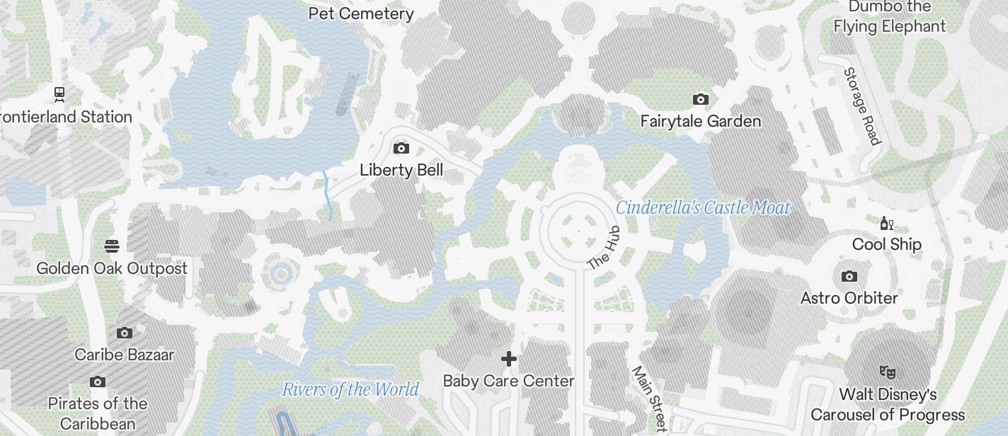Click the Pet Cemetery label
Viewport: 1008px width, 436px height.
click(361, 13)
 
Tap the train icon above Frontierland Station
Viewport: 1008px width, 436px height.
click(59, 93)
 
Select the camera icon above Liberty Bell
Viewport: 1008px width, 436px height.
click(401, 148)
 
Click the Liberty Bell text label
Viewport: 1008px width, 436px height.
click(401, 170)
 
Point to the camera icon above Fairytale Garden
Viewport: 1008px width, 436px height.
click(701, 99)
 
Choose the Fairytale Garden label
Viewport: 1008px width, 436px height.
click(701, 121)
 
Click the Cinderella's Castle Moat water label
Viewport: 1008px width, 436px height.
click(703, 207)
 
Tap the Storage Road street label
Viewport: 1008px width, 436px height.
click(862, 106)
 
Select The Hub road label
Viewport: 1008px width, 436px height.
click(604, 248)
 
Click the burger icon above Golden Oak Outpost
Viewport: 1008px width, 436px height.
click(112, 246)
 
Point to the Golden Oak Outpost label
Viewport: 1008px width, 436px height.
click(112, 268)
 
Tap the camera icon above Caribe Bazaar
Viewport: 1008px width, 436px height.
click(125, 333)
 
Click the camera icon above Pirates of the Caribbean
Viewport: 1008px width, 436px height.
click(98, 382)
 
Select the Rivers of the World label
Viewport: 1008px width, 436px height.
click(350, 389)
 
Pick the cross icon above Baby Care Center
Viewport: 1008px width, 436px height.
click(508, 359)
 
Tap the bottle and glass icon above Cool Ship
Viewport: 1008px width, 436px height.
click(886, 224)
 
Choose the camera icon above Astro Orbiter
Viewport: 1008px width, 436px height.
click(849, 276)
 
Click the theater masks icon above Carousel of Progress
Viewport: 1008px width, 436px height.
click(888, 371)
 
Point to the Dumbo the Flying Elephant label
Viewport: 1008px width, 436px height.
click(890, 16)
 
